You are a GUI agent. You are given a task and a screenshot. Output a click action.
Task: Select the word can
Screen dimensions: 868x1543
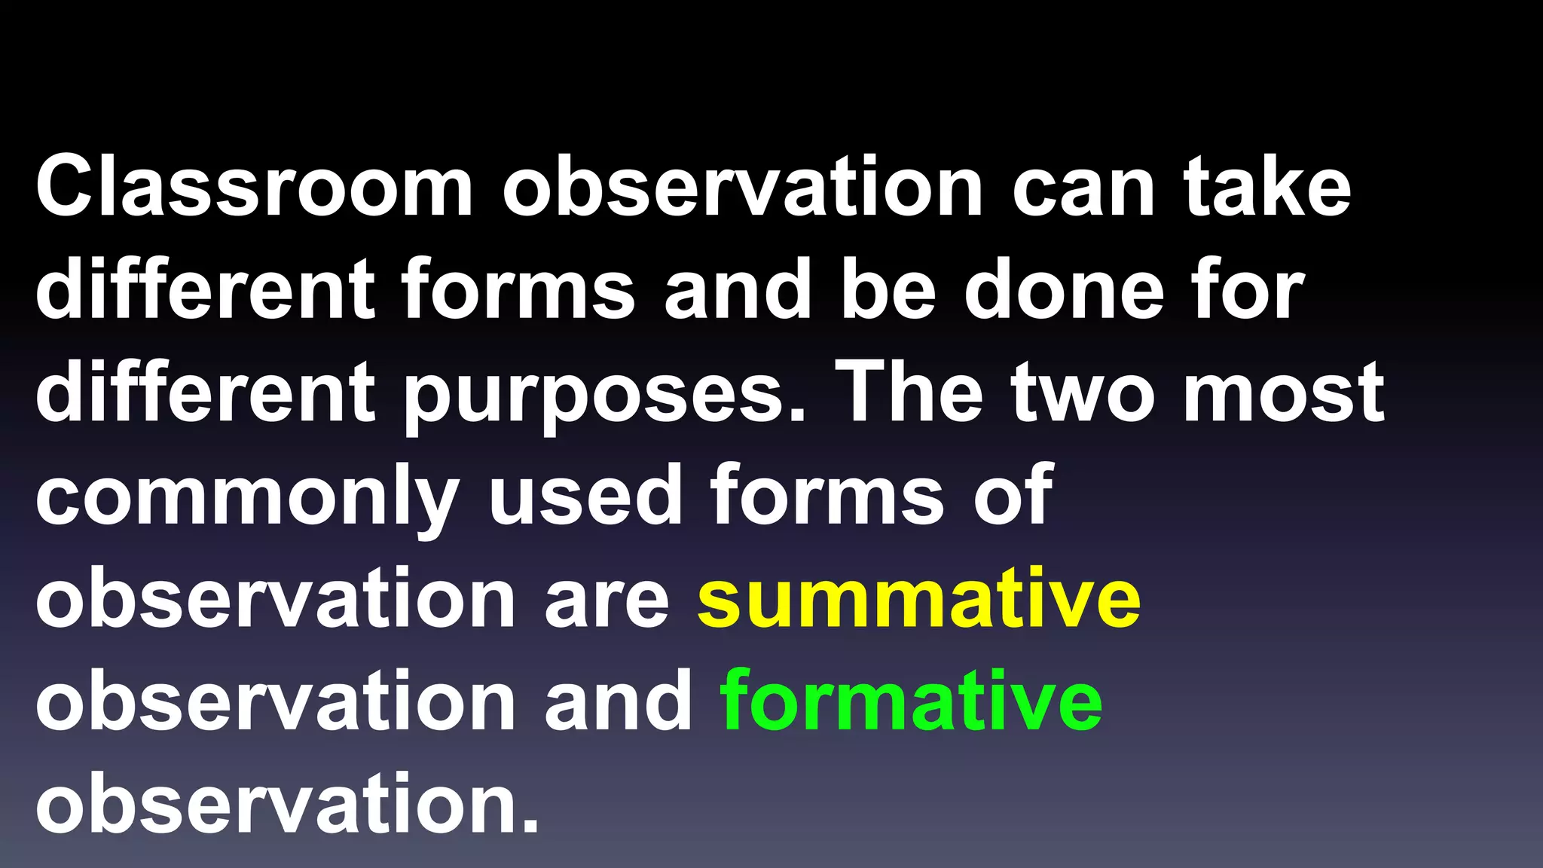(1083, 188)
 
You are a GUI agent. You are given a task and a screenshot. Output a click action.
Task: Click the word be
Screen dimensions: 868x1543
(888, 290)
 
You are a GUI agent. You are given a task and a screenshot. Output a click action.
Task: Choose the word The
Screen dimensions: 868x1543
(911, 392)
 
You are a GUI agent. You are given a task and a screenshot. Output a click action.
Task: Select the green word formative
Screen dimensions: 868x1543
(912, 701)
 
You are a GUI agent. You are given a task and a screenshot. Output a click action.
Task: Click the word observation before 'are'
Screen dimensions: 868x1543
(276, 599)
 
